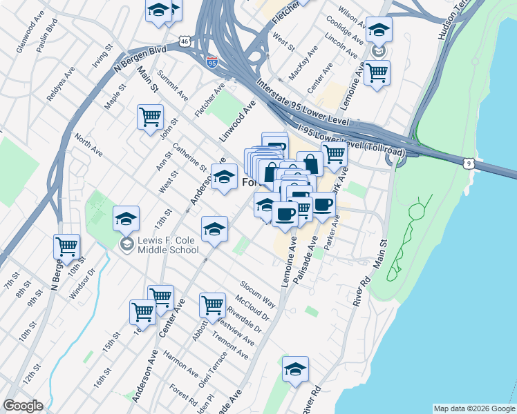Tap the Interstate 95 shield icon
pyautogui.click(x=211, y=62)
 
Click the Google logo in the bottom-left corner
pyautogui.click(x=23, y=406)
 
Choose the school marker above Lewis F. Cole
pyautogui.click(x=126, y=219)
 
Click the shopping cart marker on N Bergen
pyautogui.click(x=66, y=246)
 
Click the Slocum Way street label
pyautogui.click(x=258, y=294)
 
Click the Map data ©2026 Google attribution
pyautogui.click(x=474, y=408)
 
